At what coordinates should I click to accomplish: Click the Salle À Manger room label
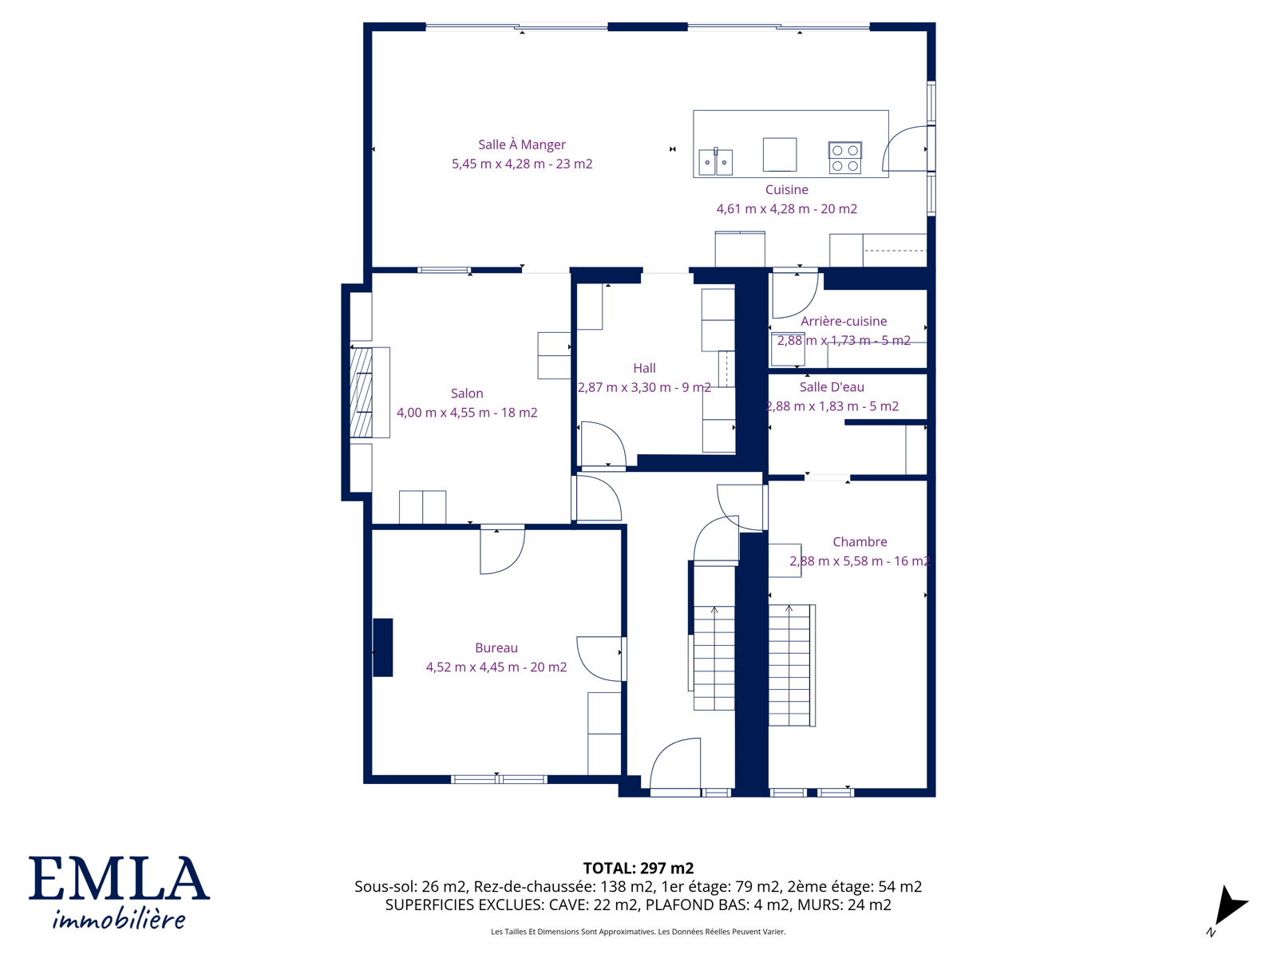(x=521, y=144)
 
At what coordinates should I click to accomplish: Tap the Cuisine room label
(x=787, y=190)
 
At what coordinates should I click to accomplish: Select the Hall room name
(x=644, y=368)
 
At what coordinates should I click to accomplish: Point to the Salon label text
(x=467, y=394)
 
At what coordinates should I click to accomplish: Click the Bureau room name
(x=496, y=648)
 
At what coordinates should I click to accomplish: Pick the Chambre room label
(x=860, y=542)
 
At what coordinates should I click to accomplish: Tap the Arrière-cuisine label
(x=844, y=321)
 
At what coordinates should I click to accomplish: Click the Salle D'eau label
(x=832, y=387)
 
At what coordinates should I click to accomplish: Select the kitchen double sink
(x=716, y=162)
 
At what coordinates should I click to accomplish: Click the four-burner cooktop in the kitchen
(x=844, y=158)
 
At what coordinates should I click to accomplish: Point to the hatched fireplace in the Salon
(x=361, y=393)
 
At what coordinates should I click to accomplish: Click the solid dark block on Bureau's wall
(x=383, y=647)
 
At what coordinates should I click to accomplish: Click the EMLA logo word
(x=119, y=879)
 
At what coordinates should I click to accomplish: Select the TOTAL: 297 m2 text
(x=638, y=869)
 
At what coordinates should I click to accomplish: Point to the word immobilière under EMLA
(x=119, y=919)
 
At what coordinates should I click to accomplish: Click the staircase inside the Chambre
(x=792, y=666)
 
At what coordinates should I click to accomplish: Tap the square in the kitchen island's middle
(x=780, y=154)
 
